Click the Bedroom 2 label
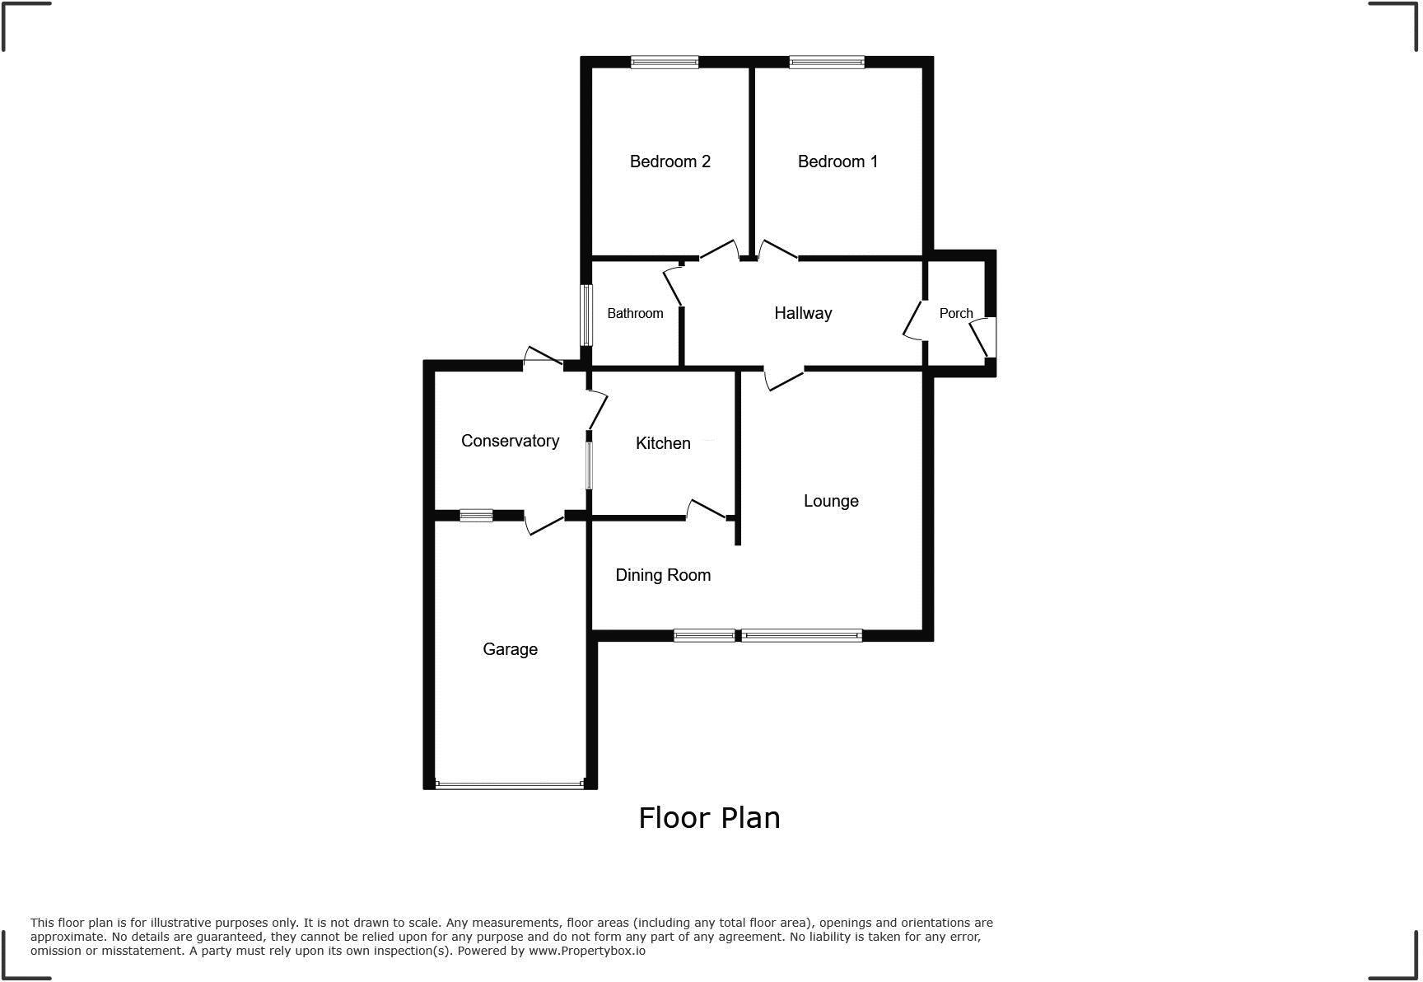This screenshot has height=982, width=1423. (670, 161)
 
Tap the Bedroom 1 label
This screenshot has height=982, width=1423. (837, 161)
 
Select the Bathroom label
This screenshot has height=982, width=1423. (635, 313)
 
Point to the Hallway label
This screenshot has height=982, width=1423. (803, 313)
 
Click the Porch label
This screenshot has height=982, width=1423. (956, 313)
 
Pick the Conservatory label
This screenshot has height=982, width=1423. (510, 441)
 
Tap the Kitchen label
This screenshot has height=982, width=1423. (663, 443)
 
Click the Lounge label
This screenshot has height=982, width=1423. (831, 501)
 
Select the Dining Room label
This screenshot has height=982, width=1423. (663, 575)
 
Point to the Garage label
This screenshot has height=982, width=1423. (510, 649)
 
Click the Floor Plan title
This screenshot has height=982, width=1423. (709, 817)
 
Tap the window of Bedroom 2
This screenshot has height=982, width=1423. (665, 62)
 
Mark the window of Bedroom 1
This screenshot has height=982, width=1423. (827, 62)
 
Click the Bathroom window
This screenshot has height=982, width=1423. (586, 315)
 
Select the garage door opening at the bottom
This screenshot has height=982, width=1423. (510, 785)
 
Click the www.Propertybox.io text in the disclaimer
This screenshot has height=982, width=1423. (586, 951)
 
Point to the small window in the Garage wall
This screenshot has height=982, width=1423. (476, 516)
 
